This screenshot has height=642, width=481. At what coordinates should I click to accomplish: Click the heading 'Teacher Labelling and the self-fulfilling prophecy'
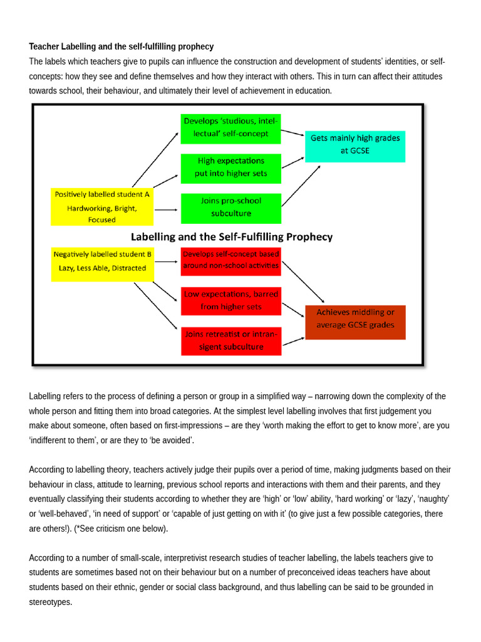[x=121, y=46]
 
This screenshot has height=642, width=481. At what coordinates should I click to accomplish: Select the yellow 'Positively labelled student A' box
[x=102, y=206]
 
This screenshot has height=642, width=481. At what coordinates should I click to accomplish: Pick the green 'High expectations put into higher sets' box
[x=230, y=167]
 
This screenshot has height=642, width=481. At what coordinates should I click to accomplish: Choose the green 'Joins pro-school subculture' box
[x=230, y=208]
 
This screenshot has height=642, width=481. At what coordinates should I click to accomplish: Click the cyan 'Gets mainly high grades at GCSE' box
[x=355, y=145]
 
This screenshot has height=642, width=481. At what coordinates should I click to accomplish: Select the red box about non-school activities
[x=230, y=260]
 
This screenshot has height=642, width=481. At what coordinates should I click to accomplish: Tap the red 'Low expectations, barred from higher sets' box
[x=230, y=300]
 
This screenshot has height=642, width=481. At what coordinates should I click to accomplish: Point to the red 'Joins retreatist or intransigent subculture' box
[x=230, y=341]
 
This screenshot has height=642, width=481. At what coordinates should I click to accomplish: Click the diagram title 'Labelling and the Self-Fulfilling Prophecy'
[x=231, y=237]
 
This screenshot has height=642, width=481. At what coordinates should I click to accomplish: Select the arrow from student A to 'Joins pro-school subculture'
[x=167, y=210]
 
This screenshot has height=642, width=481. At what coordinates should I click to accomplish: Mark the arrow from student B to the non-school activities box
[x=167, y=256]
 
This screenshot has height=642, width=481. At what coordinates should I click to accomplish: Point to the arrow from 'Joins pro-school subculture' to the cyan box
[x=301, y=186]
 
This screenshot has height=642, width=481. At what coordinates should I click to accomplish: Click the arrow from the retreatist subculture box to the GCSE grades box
[x=293, y=342]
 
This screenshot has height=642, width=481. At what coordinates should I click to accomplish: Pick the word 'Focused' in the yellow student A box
[x=101, y=219]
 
